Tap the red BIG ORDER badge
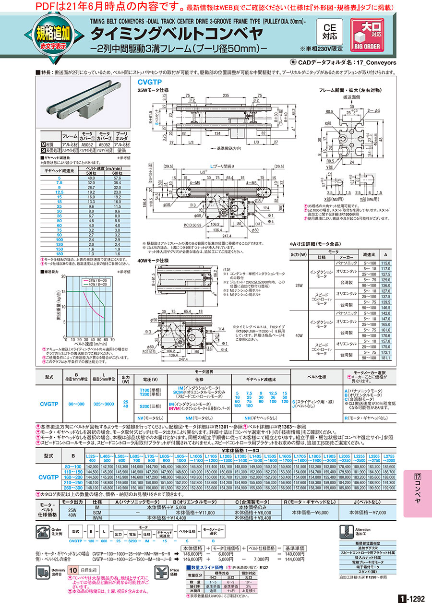coord(367,35)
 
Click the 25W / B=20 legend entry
coord(99,279)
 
